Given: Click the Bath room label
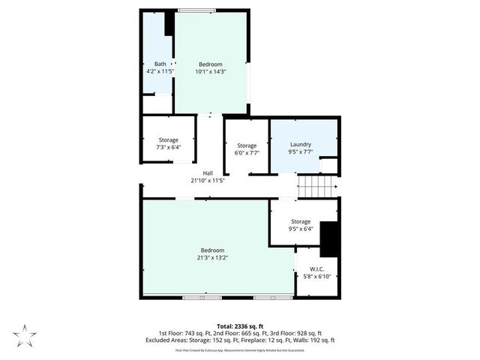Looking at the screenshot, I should (160, 64).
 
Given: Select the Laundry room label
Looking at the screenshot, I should (301, 145).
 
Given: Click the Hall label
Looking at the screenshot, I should (208, 173).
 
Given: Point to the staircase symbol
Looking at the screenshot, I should (317, 184).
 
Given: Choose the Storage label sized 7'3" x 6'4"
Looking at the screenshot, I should (168, 140).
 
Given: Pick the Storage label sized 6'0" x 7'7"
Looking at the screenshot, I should (247, 145).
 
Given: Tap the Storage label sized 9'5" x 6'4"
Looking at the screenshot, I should (301, 221).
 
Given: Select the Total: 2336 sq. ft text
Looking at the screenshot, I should (239, 326).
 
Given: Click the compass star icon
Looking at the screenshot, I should (24, 334).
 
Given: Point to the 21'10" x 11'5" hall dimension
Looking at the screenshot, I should (208, 181).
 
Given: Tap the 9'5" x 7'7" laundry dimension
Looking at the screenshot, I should (301, 152).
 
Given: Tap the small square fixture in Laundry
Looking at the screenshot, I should (328, 166).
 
